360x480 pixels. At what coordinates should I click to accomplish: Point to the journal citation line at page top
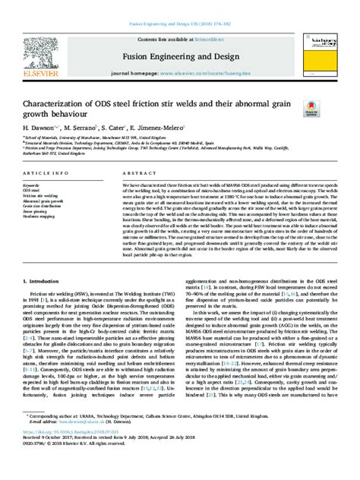(179, 6)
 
